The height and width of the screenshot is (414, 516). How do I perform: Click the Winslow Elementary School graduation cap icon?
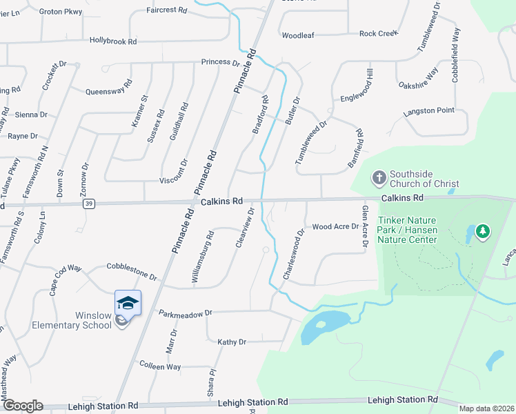point(128,302)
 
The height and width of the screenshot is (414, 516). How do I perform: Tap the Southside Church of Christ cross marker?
point(378,178)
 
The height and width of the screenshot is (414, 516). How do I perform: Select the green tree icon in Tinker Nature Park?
point(483,232)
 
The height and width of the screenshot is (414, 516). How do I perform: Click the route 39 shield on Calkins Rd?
point(89,204)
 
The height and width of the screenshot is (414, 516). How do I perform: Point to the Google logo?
point(22,406)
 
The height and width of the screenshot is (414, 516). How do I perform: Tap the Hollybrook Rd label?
point(113,41)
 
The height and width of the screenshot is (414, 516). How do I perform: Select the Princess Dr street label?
point(220,62)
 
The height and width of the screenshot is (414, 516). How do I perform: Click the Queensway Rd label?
point(108,91)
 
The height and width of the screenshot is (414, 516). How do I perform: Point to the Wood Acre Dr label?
point(336,226)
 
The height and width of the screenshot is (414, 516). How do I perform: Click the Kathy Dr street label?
point(232,342)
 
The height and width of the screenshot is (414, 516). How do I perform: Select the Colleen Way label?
point(159,366)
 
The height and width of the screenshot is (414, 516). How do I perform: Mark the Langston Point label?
point(428,110)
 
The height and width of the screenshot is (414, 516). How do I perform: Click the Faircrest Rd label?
point(167,10)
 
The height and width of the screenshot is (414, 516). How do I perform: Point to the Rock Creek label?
point(379,34)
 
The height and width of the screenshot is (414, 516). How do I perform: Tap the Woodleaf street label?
point(298,34)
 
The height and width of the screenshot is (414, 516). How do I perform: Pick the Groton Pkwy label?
point(61,12)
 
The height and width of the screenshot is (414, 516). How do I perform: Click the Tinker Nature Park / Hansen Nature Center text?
point(408,233)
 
